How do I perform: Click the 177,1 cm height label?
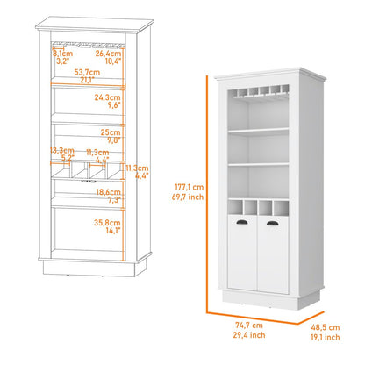click(189, 187)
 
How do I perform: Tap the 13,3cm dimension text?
click(61, 151)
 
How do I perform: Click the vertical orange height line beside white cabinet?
click(208, 193)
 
